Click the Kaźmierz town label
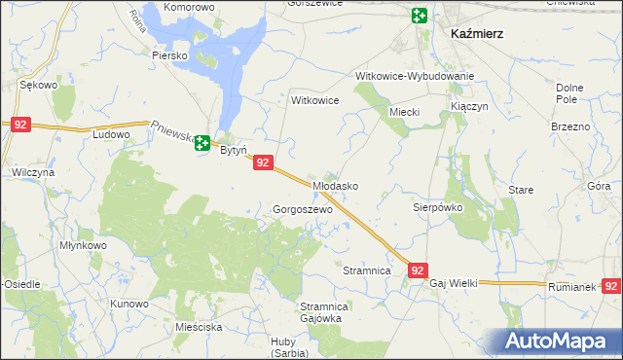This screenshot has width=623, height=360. point(477,33)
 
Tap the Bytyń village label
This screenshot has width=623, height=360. point(231,151)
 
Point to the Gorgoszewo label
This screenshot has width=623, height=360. point(303,209)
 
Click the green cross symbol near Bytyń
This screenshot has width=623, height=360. point(202,144)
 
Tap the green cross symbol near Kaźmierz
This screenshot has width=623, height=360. point(419,16)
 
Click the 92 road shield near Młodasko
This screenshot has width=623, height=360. point(262,164)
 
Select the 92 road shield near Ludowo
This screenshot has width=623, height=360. point(21,125)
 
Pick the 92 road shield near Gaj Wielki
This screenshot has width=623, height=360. point(418,270)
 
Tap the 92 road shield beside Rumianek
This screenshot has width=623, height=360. point(611,286)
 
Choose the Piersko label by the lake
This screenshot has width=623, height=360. point(169,55)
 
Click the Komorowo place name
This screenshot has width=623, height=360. point(189,7)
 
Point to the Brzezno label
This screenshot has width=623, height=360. point(570,127)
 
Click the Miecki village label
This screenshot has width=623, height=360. point(404,112)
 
